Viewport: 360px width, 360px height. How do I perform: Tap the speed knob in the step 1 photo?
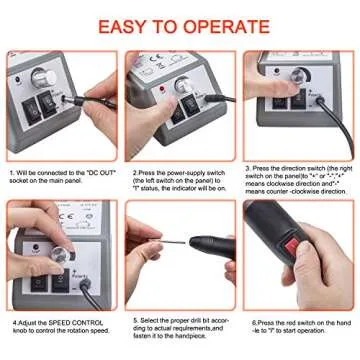click(42, 76)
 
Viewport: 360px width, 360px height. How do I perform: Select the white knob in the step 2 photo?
click(186, 85)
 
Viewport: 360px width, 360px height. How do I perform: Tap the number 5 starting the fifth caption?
click(135, 323)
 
